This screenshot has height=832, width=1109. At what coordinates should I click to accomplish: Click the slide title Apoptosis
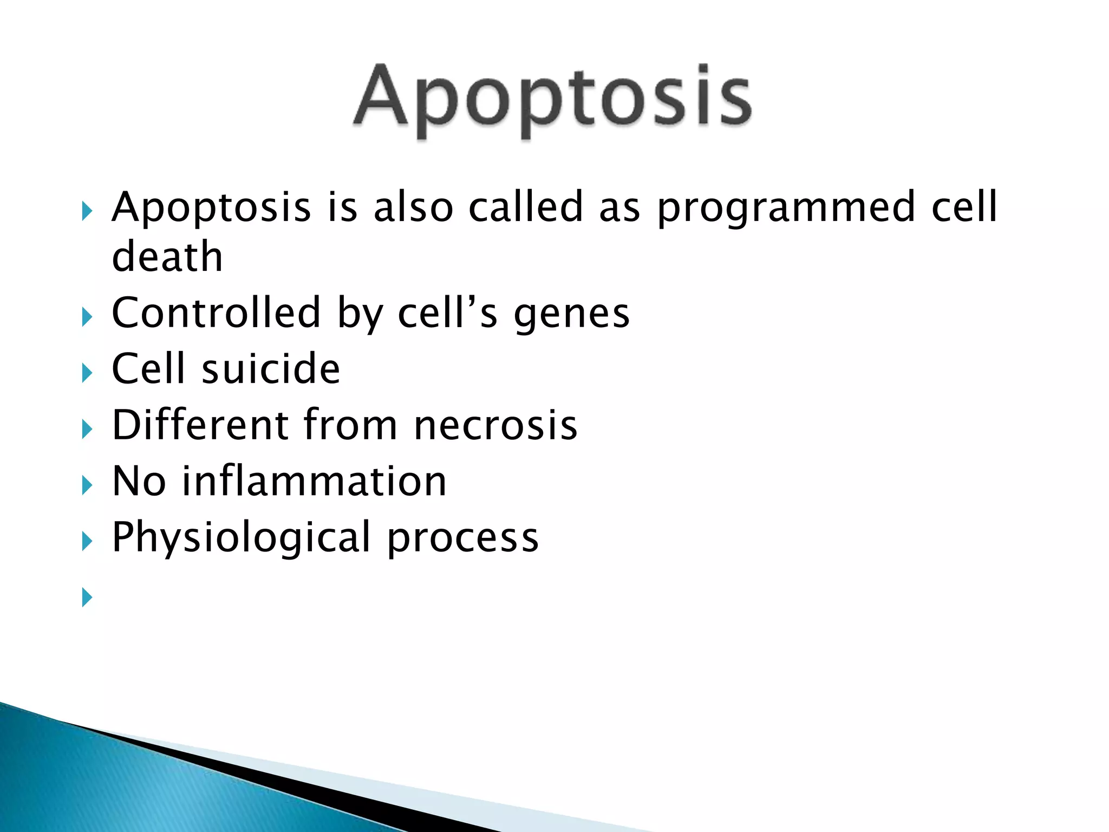tap(552, 97)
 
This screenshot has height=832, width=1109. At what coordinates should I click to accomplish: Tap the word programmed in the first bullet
tap(786, 209)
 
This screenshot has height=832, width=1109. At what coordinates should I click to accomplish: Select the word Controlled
tap(216, 313)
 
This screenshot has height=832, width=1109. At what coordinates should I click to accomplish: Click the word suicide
tap(271, 369)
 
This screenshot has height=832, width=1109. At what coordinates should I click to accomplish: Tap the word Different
tap(200, 425)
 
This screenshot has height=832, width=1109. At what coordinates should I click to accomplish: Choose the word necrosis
tap(495, 426)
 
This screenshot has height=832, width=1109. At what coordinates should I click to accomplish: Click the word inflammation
tap(314, 482)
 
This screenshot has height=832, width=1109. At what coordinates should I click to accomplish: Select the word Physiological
tap(241, 538)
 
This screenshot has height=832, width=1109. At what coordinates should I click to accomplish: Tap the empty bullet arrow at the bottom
tap(87, 597)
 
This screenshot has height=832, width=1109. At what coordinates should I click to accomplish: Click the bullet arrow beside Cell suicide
tap(87, 373)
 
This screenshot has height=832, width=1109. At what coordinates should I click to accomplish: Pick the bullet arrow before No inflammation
tap(87, 485)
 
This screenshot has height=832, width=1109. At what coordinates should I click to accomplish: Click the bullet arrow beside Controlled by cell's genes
tap(87, 317)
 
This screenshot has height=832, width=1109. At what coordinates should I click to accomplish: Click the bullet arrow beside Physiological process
tap(87, 541)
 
